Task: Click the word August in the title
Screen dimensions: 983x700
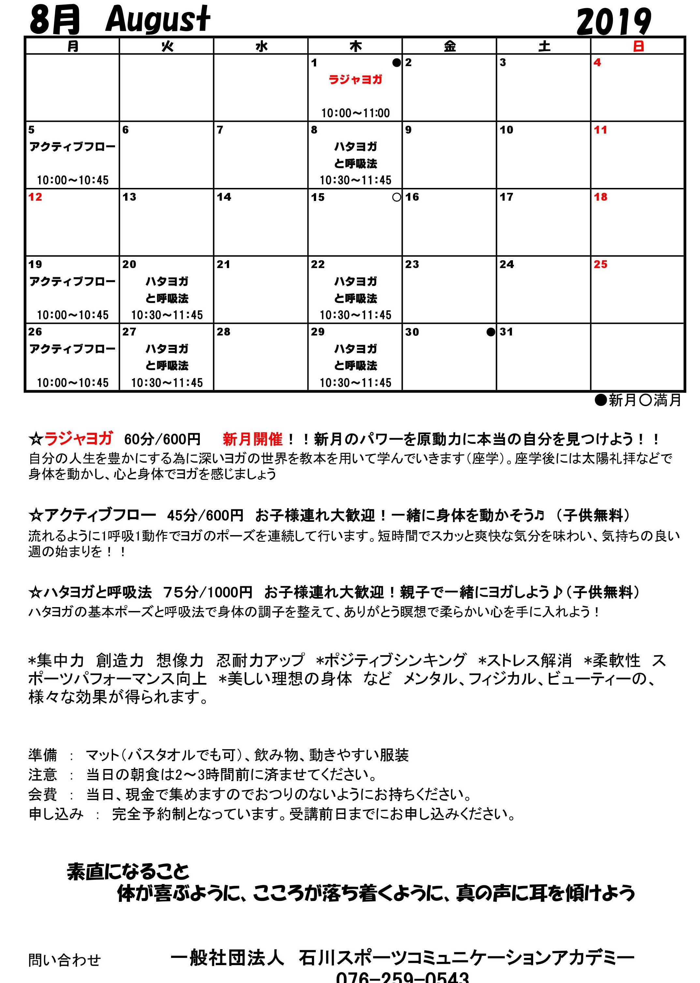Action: click(x=158, y=20)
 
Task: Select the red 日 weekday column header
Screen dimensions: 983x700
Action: click(x=638, y=46)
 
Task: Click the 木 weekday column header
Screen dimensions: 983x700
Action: click(x=355, y=46)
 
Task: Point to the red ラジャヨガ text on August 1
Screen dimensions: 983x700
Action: click(x=355, y=80)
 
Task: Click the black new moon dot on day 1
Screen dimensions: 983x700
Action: click(x=396, y=63)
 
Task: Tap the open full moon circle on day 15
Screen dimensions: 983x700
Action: click(x=397, y=197)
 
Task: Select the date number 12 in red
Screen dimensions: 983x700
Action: click(x=35, y=197)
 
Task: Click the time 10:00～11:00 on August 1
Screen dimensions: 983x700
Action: click(x=355, y=113)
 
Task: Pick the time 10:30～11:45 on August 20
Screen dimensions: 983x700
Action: click(x=167, y=315)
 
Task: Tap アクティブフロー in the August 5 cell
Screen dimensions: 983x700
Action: click(x=72, y=147)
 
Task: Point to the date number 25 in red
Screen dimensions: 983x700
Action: click(x=600, y=264)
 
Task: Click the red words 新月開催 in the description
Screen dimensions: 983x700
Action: click(x=253, y=439)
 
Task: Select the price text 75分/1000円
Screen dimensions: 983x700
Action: click(x=208, y=592)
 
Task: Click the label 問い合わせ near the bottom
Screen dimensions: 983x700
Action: click(x=65, y=960)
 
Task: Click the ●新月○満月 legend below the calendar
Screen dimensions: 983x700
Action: click(x=638, y=401)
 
